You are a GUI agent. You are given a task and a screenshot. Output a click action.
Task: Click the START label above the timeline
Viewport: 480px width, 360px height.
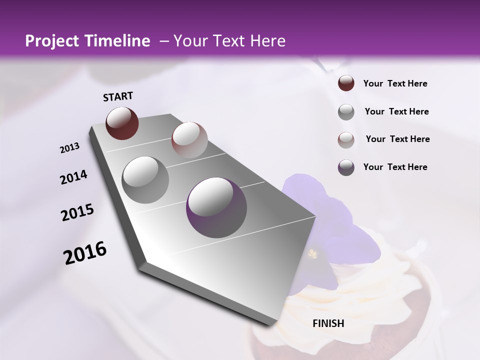point(118,96)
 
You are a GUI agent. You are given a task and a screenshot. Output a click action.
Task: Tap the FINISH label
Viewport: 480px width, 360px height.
point(328,323)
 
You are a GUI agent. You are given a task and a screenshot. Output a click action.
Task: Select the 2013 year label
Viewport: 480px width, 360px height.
point(70,147)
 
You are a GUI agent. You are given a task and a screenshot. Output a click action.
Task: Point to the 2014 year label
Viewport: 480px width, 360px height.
point(73,177)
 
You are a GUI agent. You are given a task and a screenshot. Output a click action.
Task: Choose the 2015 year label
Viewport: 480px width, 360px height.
point(77,212)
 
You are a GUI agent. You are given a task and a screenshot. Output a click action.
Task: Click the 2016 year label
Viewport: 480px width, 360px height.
point(85,253)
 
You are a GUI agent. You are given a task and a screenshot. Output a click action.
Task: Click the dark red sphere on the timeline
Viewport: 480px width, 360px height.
point(122,123)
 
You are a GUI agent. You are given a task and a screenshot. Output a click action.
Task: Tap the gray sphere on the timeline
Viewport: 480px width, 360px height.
point(145,179)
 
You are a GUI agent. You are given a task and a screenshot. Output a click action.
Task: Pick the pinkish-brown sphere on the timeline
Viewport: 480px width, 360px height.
point(189,140)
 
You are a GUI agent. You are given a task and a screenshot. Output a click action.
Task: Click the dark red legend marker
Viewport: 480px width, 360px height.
point(346,83)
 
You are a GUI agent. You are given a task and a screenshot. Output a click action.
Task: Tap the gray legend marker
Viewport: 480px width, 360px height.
point(346,112)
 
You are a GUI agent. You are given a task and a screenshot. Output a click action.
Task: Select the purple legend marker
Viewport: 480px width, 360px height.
point(346,167)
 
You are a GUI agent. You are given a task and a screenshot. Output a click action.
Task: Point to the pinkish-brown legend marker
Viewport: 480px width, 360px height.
point(346,140)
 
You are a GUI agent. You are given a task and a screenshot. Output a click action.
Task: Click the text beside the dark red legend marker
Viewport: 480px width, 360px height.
point(395,83)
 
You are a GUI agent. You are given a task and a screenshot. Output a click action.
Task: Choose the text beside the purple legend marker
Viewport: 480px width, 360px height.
point(395,167)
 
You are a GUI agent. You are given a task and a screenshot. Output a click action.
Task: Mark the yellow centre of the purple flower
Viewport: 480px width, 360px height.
point(313,254)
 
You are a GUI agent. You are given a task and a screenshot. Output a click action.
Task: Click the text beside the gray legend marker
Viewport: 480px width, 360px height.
point(396,111)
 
